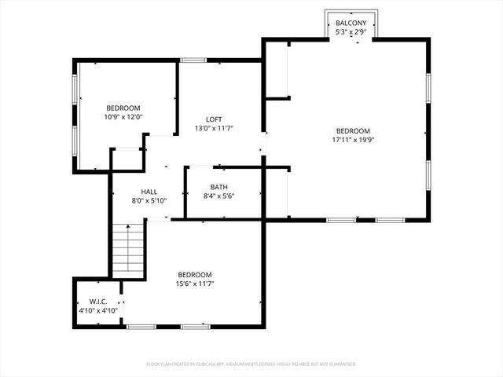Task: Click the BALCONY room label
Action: pyautogui.click(x=351, y=24)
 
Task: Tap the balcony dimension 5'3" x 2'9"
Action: pyautogui.click(x=351, y=33)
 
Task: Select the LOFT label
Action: pyautogui.click(x=214, y=119)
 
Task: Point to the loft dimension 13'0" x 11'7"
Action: pyautogui.click(x=214, y=128)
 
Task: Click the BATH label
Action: pyautogui.click(x=218, y=187)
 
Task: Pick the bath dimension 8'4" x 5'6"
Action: pyautogui.click(x=218, y=196)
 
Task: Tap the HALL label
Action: pyautogui.click(x=149, y=192)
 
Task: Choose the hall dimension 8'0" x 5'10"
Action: pyautogui.click(x=149, y=200)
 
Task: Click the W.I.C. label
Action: pyautogui.click(x=98, y=302)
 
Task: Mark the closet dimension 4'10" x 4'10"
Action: pyautogui.click(x=98, y=310)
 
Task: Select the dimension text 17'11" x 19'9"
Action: pyautogui.click(x=353, y=141)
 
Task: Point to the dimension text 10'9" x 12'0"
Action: pyautogui.click(x=123, y=116)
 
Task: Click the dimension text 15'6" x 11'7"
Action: pyautogui.click(x=194, y=284)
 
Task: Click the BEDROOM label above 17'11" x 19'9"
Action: pyautogui.click(x=353, y=131)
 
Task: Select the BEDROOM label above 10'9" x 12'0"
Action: pyautogui.click(x=123, y=108)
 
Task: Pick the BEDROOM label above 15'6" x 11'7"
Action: pyautogui.click(x=194, y=275)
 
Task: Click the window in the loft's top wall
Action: pyautogui.click(x=193, y=60)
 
